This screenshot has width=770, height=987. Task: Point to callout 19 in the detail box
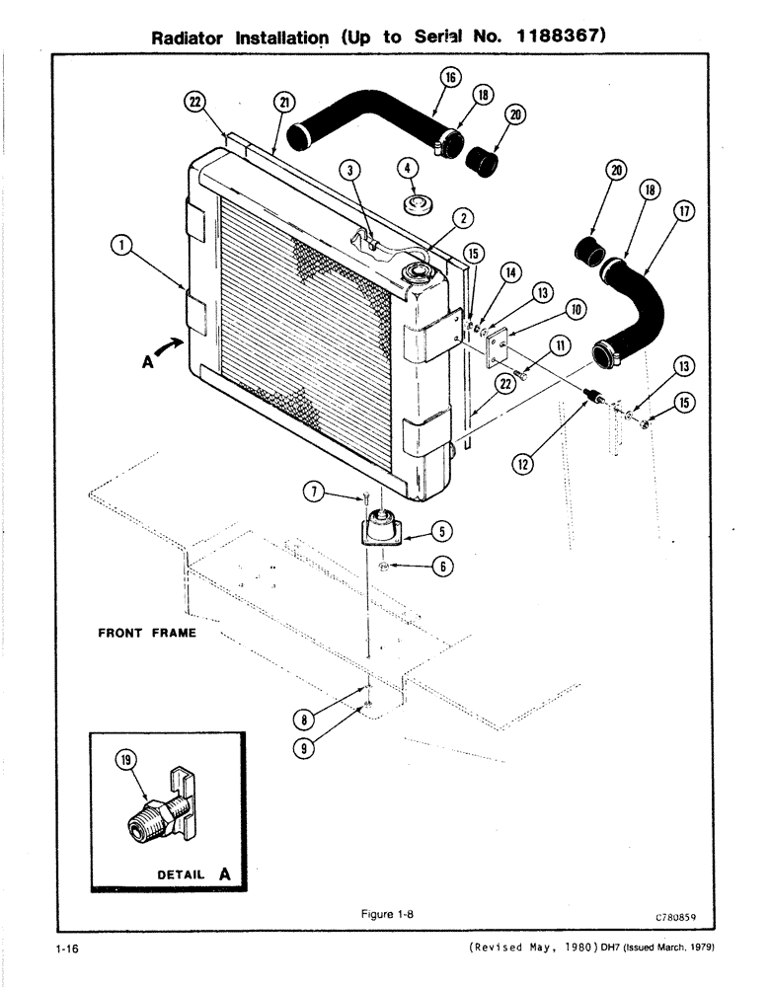(124, 760)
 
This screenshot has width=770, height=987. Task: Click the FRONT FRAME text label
(146, 634)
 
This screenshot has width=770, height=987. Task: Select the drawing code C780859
(676, 916)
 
